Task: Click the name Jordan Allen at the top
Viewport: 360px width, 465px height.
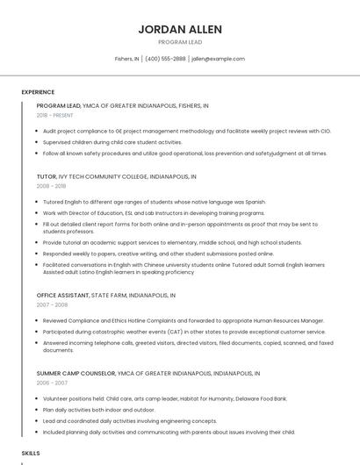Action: [179, 29]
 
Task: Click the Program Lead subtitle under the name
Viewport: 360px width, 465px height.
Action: [179, 42]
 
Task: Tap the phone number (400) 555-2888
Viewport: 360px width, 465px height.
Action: [165, 59]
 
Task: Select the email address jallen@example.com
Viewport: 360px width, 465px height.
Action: [218, 59]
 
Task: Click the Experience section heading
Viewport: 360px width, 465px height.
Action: [38, 92]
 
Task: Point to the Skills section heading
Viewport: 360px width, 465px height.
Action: [31, 453]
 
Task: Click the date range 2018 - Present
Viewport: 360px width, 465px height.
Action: [55, 115]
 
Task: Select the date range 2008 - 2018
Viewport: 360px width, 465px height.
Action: [51, 186]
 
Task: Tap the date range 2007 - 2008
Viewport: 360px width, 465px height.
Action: [51, 305]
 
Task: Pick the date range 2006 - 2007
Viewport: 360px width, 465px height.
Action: [51, 383]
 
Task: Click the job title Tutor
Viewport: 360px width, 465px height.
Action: [47, 176]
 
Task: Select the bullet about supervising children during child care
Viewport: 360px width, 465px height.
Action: [112, 141]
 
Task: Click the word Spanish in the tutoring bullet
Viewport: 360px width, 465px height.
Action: [256, 201]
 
